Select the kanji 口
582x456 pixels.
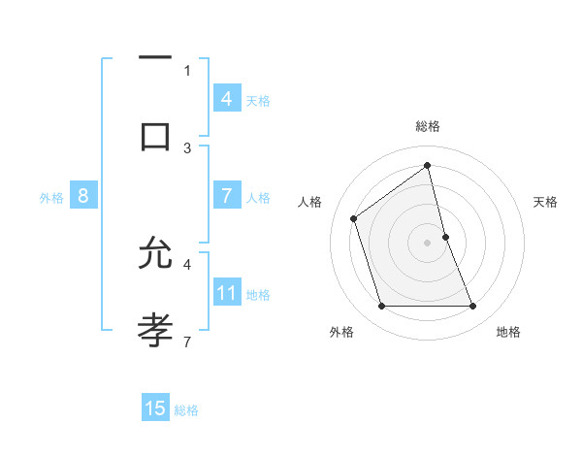(155, 135)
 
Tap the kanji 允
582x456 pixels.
(155, 254)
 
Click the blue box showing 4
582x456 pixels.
(227, 99)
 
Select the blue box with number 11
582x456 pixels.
(227, 292)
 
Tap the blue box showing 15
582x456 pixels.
(155, 408)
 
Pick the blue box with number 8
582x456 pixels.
(82, 196)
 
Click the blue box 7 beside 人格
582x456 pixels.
(227, 195)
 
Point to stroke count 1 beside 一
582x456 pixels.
(187, 70)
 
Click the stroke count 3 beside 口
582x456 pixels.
(187, 147)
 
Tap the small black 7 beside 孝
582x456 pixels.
(187, 341)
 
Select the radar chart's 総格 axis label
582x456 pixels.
(428, 126)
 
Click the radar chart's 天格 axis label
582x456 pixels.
(546, 202)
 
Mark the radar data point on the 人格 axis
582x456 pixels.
(354, 218)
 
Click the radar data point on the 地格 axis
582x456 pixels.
(473, 307)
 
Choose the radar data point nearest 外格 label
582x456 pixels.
(381, 307)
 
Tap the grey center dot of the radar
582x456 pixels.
(428, 243)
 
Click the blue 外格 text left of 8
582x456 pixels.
(51, 198)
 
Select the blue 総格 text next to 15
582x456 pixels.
(186, 410)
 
